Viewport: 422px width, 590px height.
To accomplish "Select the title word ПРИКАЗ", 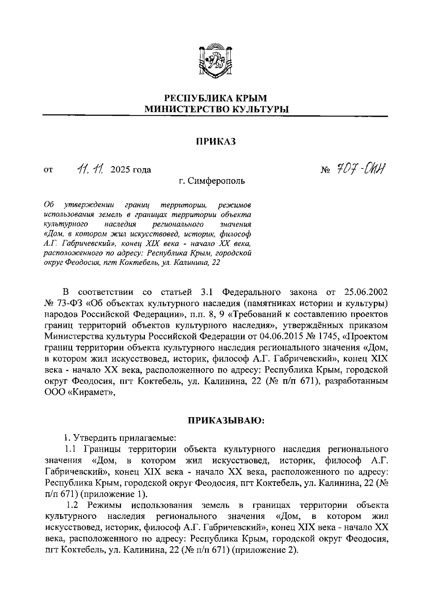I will click(215, 141).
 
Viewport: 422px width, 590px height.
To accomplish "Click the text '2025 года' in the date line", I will click(131, 170).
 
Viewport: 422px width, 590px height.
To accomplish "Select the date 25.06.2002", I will click(365, 292).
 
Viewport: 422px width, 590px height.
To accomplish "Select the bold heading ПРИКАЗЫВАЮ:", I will click(225, 421).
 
